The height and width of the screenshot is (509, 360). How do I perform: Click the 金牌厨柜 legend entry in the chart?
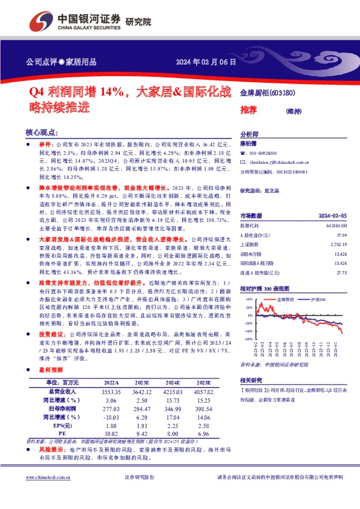tap(286, 299)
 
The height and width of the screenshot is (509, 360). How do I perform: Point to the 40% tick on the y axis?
tap(249, 300)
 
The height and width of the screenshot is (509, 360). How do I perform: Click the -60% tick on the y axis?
tap(248, 339)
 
